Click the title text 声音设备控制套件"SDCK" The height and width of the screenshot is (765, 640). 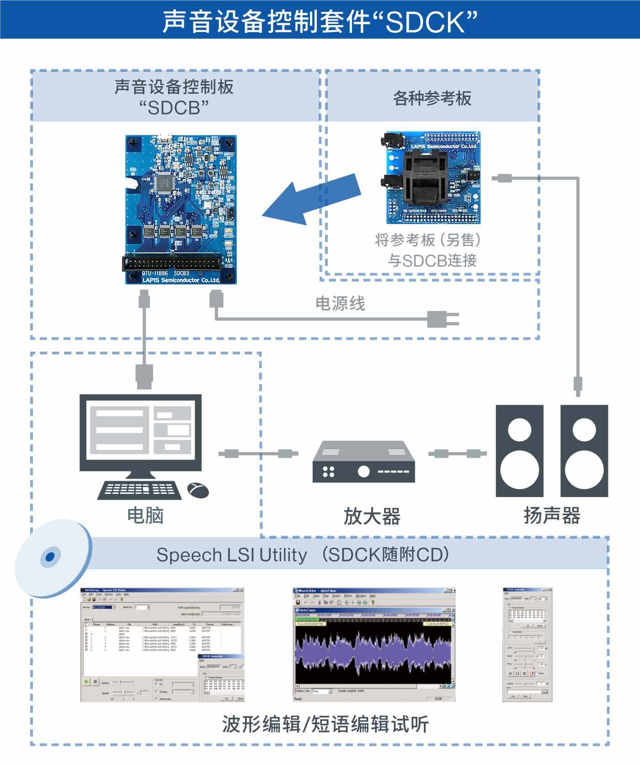320,21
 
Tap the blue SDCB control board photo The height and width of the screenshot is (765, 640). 181,209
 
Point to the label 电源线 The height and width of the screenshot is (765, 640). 340,304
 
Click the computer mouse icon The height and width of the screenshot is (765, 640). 198,490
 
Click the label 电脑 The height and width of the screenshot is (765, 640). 145,515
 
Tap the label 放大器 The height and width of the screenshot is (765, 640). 372,516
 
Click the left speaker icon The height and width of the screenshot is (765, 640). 520,451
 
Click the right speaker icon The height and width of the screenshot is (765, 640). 584,451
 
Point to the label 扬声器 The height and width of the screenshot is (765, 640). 552,515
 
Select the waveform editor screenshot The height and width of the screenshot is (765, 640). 374,644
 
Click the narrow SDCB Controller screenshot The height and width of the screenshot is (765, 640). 527,644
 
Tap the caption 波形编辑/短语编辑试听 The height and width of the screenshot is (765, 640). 325,724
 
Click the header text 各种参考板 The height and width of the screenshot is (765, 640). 432,98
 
